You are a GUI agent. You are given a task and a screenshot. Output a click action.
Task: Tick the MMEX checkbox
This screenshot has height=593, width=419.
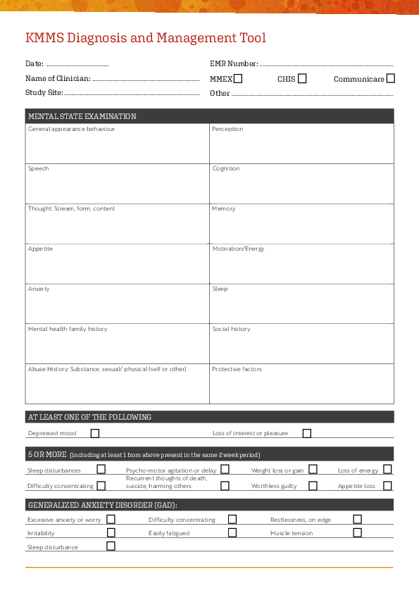(x=238, y=79)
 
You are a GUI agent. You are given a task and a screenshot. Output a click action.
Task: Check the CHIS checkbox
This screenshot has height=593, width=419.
(x=302, y=79)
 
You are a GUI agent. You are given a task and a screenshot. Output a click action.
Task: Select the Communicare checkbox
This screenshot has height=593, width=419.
(x=391, y=79)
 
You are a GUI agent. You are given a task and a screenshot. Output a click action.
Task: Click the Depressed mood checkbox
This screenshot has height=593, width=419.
(x=95, y=433)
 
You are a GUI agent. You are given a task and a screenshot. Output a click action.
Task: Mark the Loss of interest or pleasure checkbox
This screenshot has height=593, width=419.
(x=307, y=433)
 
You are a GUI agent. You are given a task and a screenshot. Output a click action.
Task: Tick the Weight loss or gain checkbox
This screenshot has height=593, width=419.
(x=313, y=469)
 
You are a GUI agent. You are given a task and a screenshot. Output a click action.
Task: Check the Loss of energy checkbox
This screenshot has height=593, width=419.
(x=388, y=469)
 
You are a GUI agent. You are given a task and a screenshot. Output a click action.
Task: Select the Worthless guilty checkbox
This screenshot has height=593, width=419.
(x=313, y=485)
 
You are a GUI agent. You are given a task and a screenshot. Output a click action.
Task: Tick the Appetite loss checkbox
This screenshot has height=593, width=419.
(x=388, y=485)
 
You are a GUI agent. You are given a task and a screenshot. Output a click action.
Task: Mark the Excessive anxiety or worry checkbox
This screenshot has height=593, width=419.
(x=111, y=519)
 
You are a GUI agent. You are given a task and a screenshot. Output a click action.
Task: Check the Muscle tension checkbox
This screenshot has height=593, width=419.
(x=357, y=532)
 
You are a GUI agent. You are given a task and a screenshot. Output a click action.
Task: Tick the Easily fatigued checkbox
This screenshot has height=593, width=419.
(x=232, y=532)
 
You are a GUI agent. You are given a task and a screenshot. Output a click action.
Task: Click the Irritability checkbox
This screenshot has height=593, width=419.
(x=111, y=532)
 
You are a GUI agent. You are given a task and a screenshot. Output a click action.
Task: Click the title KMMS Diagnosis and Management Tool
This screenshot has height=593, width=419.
(x=146, y=38)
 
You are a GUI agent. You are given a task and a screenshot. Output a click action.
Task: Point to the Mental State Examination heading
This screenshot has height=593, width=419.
(x=82, y=116)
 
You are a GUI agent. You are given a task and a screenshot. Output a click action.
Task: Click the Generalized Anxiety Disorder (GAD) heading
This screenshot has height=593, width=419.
(x=102, y=505)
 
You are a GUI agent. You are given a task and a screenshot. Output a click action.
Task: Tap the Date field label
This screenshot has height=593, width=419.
(x=35, y=64)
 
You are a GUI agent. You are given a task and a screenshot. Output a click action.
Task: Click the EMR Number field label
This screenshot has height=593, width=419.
(x=234, y=64)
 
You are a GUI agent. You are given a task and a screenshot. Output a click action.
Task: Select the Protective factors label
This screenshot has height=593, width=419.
(x=237, y=369)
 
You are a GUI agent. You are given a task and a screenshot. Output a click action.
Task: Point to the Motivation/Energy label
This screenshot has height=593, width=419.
(x=239, y=249)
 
